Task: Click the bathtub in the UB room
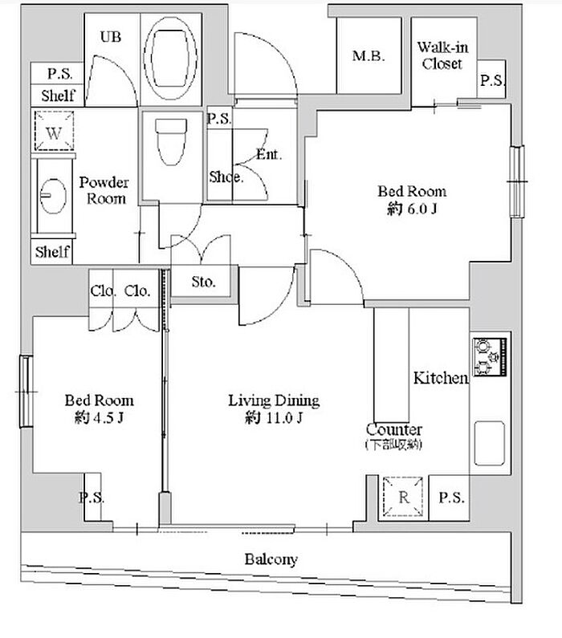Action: pyautogui.click(x=171, y=58)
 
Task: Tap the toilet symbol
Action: pyautogui.click(x=171, y=141)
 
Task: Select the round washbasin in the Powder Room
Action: pyautogui.click(x=53, y=196)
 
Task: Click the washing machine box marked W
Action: pyautogui.click(x=54, y=132)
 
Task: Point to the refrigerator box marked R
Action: pyautogui.click(x=403, y=497)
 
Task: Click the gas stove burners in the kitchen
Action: pyautogui.click(x=490, y=356)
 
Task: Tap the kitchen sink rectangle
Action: pyautogui.click(x=490, y=443)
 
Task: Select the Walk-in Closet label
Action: pyautogui.click(x=442, y=55)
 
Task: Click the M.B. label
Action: pyautogui.click(x=369, y=55)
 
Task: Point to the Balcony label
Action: pyautogui.click(x=271, y=559)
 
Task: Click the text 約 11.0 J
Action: pyautogui.click(x=274, y=417)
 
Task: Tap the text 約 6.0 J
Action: pyautogui.click(x=412, y=209)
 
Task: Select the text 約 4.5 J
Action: pyautogui.click(x=99, y=417)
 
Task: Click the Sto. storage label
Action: pyautogui.click(x=203, y=282)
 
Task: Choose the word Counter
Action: pyautogui.click(x=393, y=429)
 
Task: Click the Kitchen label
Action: pyautogui.click(x=441, y=378)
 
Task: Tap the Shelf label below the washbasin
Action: pyautogui.click(x=52, y=252)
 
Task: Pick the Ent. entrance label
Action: pyautogui.click(x=269, y=154)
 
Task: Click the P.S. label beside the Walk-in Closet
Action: pyautogui.click(x=492, y=80)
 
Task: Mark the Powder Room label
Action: pyautogui.click(x=104, y=190)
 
